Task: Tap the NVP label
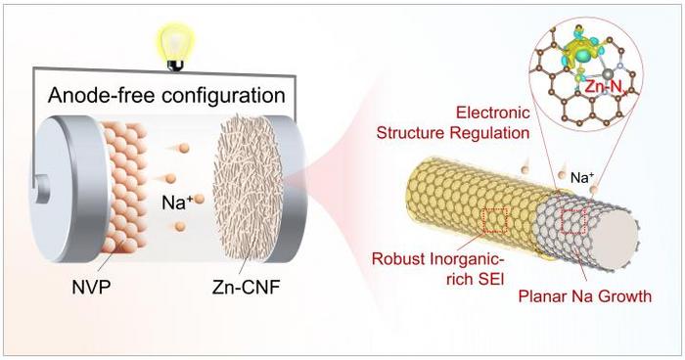(92, 287)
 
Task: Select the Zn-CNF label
(246, 287)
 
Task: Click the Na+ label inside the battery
(174, 202)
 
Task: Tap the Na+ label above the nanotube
(581, 178)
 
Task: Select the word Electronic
(493, 112)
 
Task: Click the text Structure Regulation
(453, 132)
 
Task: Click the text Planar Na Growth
(585, 296)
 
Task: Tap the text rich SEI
(476, 278)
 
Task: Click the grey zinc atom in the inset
(608, 74)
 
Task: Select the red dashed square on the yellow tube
(494, 220)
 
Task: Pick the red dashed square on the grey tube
(573, 221)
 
